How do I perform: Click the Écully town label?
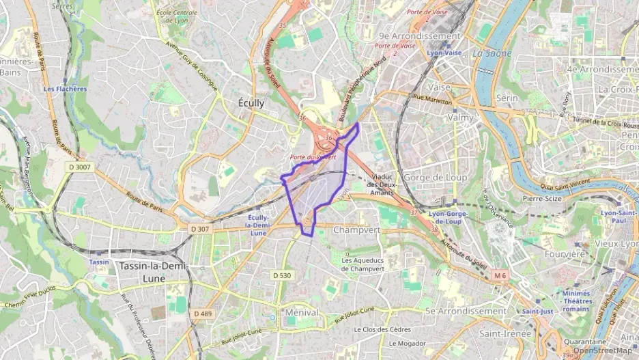251,102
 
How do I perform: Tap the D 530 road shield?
282,275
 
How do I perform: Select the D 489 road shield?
203,313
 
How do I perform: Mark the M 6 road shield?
500,275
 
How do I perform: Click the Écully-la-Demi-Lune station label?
258,225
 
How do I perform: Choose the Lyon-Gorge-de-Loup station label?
450,217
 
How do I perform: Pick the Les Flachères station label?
65,89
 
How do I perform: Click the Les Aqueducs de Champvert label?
368,264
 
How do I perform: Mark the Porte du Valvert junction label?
313,157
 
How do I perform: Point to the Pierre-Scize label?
541,199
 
